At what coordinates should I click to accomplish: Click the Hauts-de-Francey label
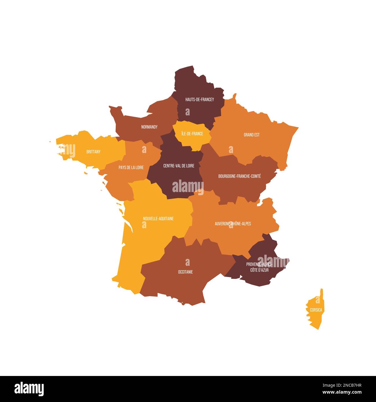coord(200,99)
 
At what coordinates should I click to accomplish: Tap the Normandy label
coord(149,127)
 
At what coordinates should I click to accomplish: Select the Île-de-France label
coord(192,134)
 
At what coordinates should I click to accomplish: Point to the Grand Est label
coord(252,135)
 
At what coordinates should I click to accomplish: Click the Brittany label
coord(93,152)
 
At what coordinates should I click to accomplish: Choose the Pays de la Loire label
coord(131,167)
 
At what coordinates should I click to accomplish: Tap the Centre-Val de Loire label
coord(179,166)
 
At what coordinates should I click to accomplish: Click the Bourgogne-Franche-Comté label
coord(239,176)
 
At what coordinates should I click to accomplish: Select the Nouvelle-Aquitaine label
coord(158,219)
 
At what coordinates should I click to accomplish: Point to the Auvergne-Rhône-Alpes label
coord(233,224)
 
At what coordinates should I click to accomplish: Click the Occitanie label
coord(185,272)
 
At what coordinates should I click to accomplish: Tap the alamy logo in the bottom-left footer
coord(29,388)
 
